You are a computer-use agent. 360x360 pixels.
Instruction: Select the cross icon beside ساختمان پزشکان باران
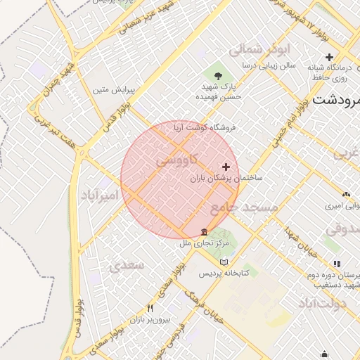tap(226, 167)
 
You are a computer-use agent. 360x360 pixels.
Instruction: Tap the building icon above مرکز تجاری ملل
tap(204, 232)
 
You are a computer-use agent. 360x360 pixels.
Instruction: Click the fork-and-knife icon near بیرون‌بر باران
tap(149, 309)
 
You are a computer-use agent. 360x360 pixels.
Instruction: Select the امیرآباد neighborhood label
tap(97, 195)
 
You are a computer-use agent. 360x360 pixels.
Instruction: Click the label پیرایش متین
tap(113, 90)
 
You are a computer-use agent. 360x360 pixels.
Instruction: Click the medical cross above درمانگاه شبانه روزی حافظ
tap(329, 56)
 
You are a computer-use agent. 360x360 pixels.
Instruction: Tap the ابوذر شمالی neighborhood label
tap(255, 50)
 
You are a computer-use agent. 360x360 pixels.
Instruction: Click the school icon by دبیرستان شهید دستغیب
tap(337, 264)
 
